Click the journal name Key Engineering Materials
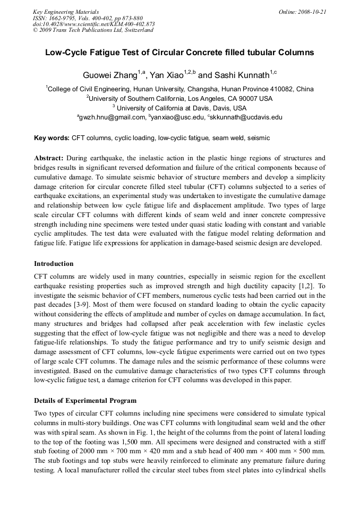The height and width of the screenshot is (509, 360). click(x=66, y=12)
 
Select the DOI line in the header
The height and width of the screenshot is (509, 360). click(x=94, y=24)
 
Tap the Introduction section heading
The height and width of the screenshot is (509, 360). click(x=54, y=264)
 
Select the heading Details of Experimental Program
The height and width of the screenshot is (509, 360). click(x=85, y=401)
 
